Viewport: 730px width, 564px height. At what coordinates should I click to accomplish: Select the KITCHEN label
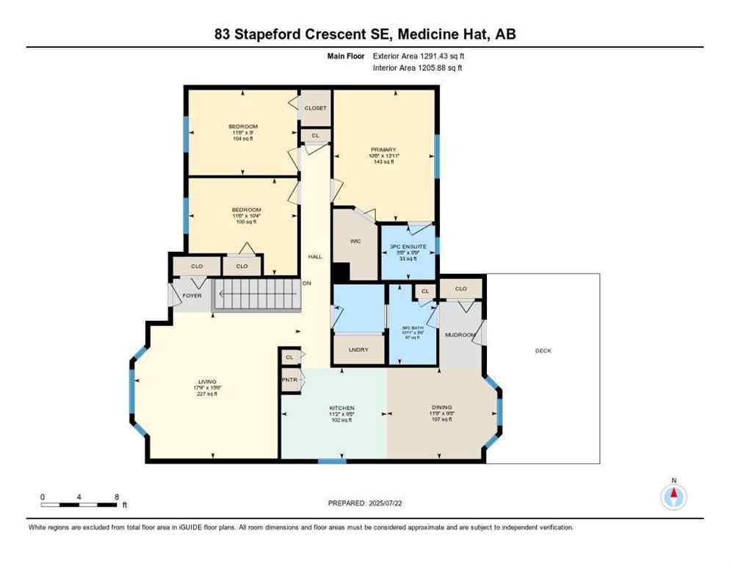coord(341,408)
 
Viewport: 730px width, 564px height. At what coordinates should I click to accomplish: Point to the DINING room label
coord(441,407)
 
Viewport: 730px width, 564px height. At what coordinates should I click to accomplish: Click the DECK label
coord(543,351)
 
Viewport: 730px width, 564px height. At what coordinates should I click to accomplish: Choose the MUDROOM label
coord(460,335)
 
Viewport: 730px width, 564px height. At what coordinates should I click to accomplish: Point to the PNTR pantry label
coord(289,380)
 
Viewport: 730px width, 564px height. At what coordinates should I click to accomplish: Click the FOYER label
coord(192,295)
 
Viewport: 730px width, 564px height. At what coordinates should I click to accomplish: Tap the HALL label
coord(315,256)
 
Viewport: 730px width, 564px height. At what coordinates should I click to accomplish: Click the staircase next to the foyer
coord(256,294)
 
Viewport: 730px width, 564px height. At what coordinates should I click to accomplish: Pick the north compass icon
coord(673,496)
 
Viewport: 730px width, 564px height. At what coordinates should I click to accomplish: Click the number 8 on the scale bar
coord(118,497)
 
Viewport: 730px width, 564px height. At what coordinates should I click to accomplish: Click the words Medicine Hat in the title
coord(449,34)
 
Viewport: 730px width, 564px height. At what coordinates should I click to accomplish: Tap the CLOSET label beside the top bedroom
coord(315,108)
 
